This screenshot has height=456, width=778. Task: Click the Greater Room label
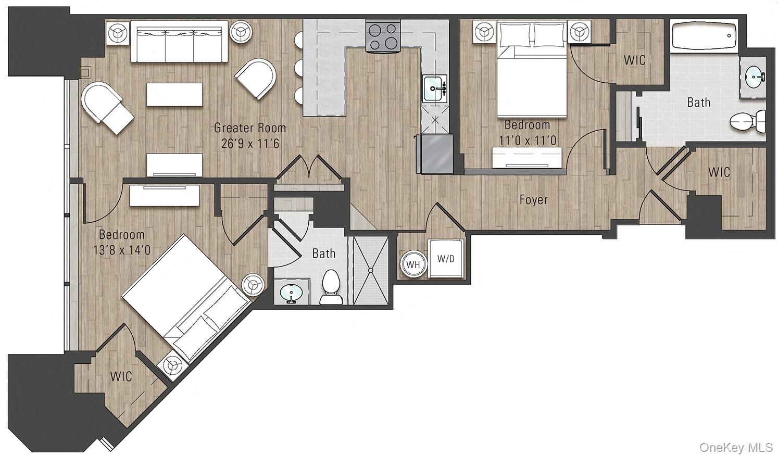coord(250,128)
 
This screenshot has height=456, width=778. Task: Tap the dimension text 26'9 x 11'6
coord(250,143)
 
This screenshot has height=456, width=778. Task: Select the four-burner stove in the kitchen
coord(383,36)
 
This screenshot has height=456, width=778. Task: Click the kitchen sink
coord(434,88)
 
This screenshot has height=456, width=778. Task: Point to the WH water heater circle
coord(413,264)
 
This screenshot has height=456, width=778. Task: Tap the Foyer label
coord(533,199)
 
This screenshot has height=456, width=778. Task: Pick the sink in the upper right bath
coord(754,78)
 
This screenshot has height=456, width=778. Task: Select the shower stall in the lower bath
coord(371,271)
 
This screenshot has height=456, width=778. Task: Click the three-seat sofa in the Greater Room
coord(179,41)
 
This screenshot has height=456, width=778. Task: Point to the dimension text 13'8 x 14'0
coord(122,250)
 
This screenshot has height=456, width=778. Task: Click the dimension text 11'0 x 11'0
coord(527,141)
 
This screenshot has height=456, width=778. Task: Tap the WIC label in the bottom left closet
coord(121,376)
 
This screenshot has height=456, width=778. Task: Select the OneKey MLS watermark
coord(736,447)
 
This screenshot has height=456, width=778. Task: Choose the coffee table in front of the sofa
coord(174,95)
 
